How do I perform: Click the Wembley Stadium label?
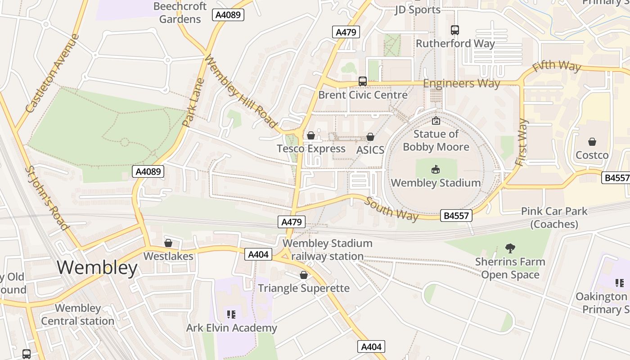[436, 183]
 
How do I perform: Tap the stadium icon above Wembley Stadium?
[436, 170]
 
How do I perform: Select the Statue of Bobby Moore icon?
[436, 121]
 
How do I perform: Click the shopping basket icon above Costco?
[592, 142]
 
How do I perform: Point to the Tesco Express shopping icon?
[310, 135]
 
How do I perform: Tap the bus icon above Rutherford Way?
[455, 30]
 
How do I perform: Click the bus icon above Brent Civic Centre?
[363, 81]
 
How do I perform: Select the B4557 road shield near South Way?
[456, 216]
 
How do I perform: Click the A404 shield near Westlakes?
[258, 255]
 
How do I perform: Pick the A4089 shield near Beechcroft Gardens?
[228, 15]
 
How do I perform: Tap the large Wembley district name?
[97, 268]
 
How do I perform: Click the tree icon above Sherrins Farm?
[510, 248]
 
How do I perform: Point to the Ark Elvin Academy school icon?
[231, 315]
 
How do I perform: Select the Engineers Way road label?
[461, 83]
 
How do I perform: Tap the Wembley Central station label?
[78, 315]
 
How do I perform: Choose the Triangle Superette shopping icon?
[304, 275]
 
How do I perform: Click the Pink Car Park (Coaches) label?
[554, 217]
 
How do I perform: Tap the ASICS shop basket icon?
[370, 137]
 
